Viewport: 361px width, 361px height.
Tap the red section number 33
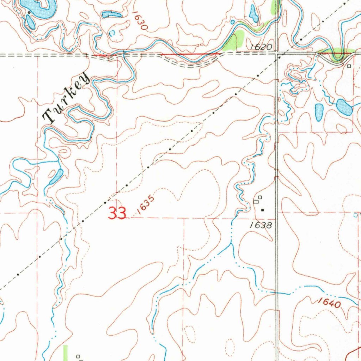[x=117, y=213]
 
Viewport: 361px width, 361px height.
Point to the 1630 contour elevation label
[x=139, y=21]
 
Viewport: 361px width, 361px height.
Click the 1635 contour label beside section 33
[x=146, y=206]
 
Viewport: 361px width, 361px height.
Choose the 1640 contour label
[x=329, y=303]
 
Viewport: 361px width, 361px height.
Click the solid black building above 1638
[x=263, y=210]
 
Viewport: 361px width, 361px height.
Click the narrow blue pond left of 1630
[x=111, y=15]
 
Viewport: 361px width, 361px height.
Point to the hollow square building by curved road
[x=349, y=66]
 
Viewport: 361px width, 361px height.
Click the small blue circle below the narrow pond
[x=112, y=33]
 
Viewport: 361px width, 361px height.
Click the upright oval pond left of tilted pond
[x=319, y=112]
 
